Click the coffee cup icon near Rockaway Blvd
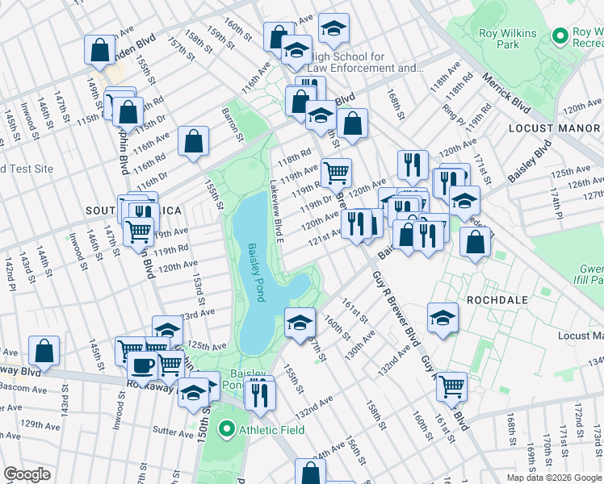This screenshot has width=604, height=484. pos(142,365)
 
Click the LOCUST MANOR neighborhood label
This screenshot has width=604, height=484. pos(554,128)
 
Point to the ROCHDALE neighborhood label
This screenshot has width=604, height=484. pos(497,299)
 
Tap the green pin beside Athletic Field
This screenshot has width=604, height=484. pos(228,430)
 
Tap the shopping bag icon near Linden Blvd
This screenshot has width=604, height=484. pos(99,49)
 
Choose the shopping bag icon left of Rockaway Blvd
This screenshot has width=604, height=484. pos(44,351)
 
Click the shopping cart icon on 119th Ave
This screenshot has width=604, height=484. pos(336,172)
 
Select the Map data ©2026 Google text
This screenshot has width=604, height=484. pos(554,478)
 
